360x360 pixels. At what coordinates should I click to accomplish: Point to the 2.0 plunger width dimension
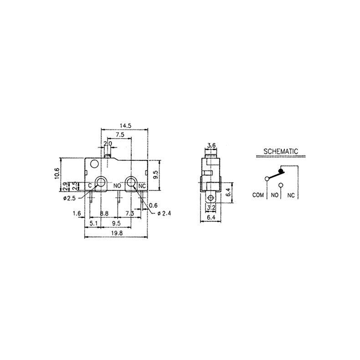(108, 144)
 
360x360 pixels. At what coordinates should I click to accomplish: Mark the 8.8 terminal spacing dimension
(104, 213)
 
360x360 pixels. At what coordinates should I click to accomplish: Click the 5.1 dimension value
(94, 224)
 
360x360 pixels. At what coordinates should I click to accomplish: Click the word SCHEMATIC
(281, 150)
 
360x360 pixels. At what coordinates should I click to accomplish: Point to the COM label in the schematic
(258, 195)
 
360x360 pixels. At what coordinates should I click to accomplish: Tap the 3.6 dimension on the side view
(211, 145)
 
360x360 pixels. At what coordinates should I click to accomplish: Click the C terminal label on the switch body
(90, 185)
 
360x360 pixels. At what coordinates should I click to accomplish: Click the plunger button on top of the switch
(108, 155)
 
